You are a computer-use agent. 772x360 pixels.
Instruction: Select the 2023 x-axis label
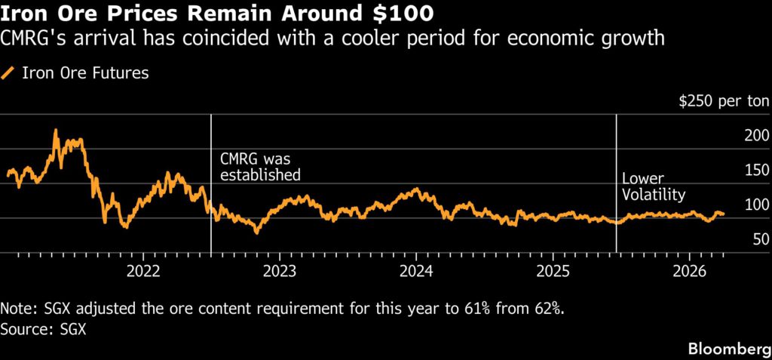click(x=280, y=271)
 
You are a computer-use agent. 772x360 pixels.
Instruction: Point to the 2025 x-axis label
click(x=553, y=271)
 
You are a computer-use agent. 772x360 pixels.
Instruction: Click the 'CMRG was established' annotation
click(x=259, y=167)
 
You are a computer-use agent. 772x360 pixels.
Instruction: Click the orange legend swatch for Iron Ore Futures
click(x=9, y=73)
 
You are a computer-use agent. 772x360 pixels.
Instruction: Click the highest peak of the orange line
click(x=55, y=131)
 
